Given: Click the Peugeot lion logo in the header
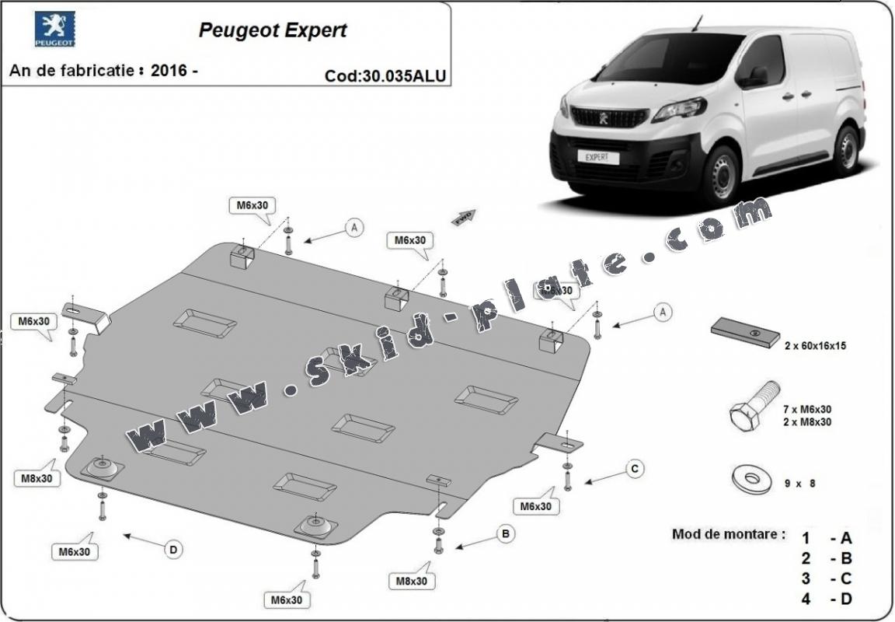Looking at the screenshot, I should click(x=54, y=30).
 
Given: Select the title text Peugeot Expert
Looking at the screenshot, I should click(x=273, y=30).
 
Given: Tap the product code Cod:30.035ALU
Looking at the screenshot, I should click(x=385, y=76).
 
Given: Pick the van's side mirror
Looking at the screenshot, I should click(x=755, y=76).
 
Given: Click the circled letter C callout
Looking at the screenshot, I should click(x=635, y=468).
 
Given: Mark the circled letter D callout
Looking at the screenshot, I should click(x=173, y=550).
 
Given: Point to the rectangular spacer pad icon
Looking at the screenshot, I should click(x=745, y=333).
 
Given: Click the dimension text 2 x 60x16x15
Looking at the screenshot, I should click(x=814, y=346).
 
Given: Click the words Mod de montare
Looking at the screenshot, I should click(x=728, y=535).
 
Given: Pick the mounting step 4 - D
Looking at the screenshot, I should click(x=827, y=599).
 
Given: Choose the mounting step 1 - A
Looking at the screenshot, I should click(x=827, y=537).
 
